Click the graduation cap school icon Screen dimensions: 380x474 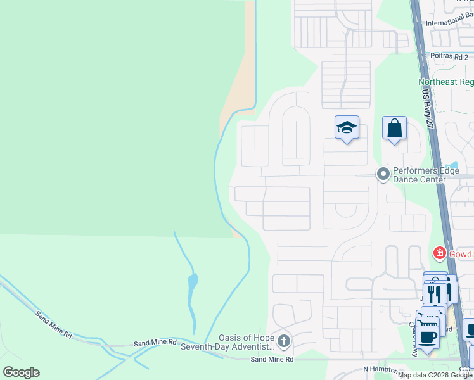(x=347, y=128)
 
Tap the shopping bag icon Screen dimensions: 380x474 (x=394, y=129)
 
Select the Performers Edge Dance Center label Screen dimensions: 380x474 (x=428, y=175)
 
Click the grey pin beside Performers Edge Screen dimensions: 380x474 (x=383, y=174)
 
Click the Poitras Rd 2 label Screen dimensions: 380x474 (x=449, y=56)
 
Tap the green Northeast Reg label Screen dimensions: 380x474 (x=446, y=82)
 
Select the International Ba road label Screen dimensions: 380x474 (x=449, y=23)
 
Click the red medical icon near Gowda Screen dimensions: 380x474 (x=439, y=254)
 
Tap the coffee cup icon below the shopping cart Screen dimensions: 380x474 (x=428, y=337)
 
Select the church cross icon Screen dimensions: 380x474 (x=284, y=342)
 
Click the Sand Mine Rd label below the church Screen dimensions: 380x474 (x=272, y=360)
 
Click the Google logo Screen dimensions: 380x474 (x=21, y=372)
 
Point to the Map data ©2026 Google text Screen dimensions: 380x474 (x=435, y=375)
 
